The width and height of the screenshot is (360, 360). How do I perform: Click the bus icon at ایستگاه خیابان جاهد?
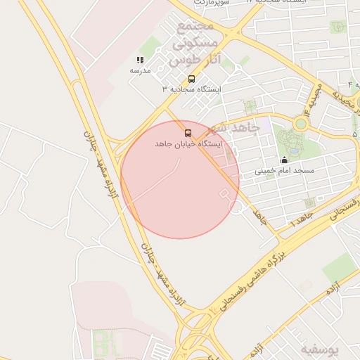tap(188, 133)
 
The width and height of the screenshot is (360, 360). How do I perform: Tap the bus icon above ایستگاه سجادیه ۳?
tap(191, 78)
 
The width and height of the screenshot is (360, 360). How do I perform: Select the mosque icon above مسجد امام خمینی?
tap(284, 160)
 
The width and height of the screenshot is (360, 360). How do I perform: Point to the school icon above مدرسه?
tap(140, 60)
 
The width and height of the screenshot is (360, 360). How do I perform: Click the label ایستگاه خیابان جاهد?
tap(188, 143)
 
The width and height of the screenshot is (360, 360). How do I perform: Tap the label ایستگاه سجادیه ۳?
tap(191, 89)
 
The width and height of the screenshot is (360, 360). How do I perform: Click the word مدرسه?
tap(140, 71)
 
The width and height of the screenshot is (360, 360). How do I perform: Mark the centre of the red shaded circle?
tap(180, 179)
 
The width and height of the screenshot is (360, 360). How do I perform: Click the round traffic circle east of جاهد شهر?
tap(301, 124)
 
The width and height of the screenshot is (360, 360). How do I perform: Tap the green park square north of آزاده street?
tap(339, 268)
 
